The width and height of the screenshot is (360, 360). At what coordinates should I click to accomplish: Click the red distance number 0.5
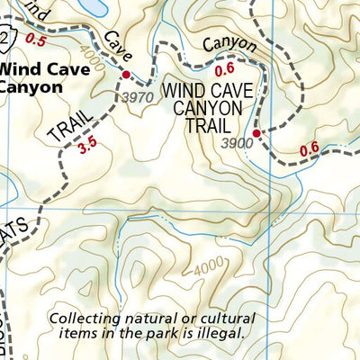(x=36, y=40)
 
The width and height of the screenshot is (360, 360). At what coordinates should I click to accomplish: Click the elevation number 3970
(x=137, y=97)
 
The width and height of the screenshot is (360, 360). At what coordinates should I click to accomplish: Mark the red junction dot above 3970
(x=127, y=75)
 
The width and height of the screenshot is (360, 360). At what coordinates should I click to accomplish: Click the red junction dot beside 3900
(x=256, y=133)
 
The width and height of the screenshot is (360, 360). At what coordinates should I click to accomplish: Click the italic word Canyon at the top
(x=229, y=44)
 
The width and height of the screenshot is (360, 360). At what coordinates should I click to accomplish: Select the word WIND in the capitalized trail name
(x=184, y=90)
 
